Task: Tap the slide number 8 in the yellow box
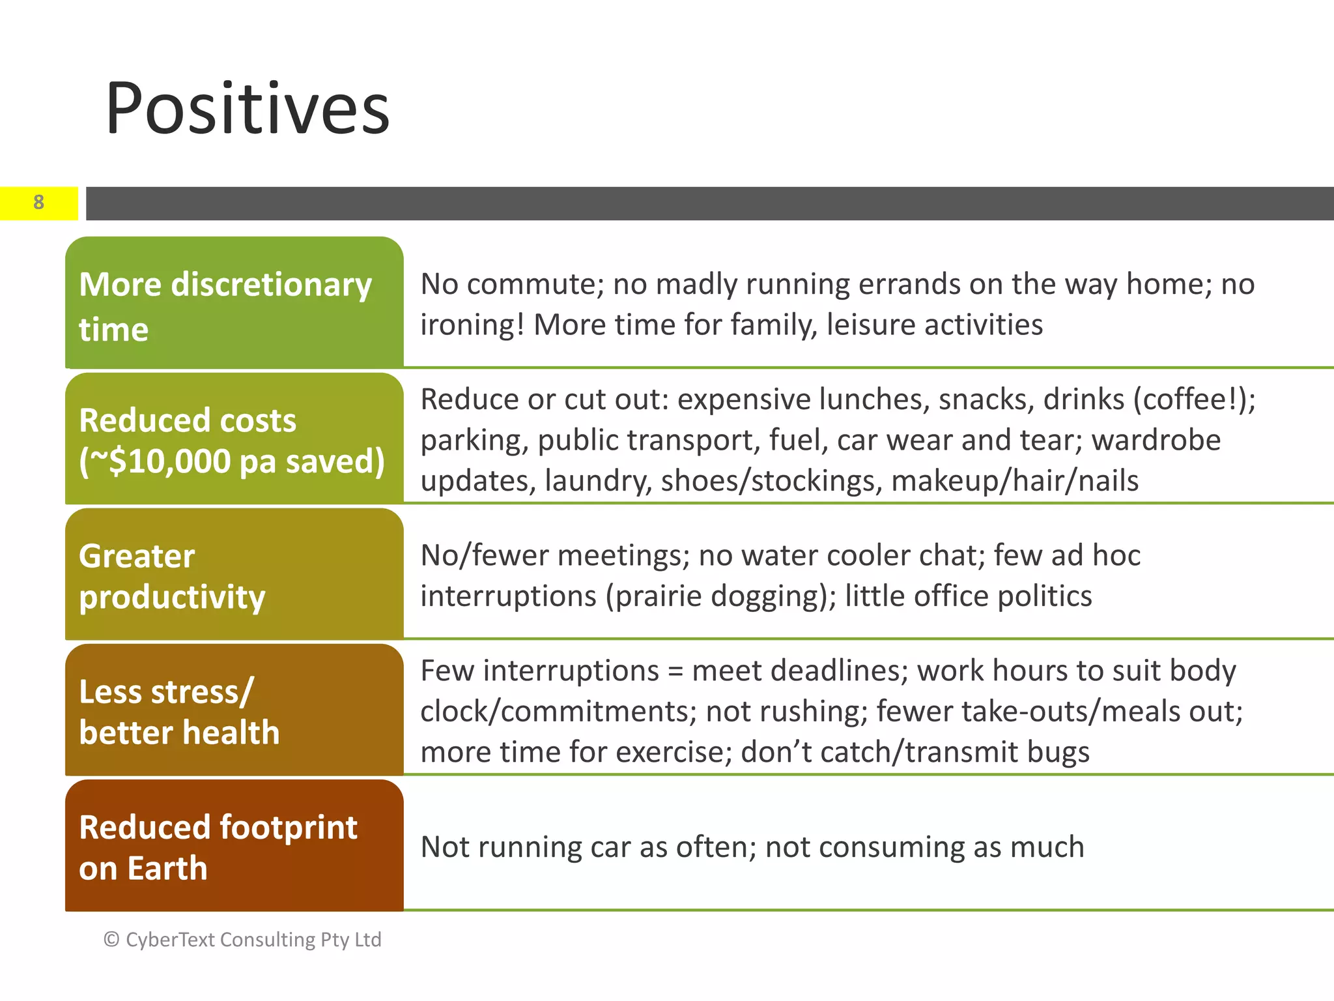tap(39, 203)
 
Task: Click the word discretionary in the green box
tap(271, 285)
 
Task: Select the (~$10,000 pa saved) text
tap(232, 461)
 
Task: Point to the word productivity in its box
tap(172, 597)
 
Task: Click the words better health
tap(179, 733)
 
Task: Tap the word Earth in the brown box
tap(167, 869)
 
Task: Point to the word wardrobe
tap(1156, 440)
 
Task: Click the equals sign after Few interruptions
tap(675, 671)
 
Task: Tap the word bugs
tap(1058, 753)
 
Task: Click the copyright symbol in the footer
tap(111, 939)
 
